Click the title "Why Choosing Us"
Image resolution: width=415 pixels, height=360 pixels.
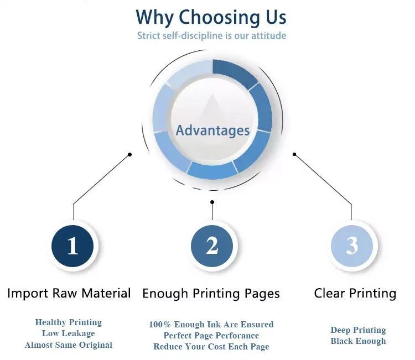(x=211, y=17)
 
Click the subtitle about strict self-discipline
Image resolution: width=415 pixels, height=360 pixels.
(x=211, y=36)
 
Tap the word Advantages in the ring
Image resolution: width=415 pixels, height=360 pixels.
(x=212, y=131)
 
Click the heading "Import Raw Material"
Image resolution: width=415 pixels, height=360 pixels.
(x=69, y=293)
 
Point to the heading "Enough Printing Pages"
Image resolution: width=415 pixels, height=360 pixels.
(x=211, y=294)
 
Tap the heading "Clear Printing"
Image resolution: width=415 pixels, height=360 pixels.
(x=355, y=293)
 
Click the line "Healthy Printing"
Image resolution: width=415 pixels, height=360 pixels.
(x=69, y=322)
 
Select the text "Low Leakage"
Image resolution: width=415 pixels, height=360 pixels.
(x=69, y=333)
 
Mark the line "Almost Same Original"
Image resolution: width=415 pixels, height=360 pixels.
(x=69, y=345)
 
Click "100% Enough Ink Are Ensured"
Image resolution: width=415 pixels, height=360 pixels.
(x=211, y=325)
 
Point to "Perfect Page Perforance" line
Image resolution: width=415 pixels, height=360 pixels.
(x=211, y=336)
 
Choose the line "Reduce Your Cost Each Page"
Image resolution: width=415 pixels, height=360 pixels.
(x=211, y=347)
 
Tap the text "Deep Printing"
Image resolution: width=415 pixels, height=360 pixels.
(x=358, y=330)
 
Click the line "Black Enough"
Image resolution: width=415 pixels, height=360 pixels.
(x=358, y=341)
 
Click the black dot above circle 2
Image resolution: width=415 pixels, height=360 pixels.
(x=212, y=202)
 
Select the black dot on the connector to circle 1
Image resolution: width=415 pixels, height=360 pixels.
(x=130, y=154)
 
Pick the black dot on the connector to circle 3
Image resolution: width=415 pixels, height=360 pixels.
(x=294, y=154)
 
